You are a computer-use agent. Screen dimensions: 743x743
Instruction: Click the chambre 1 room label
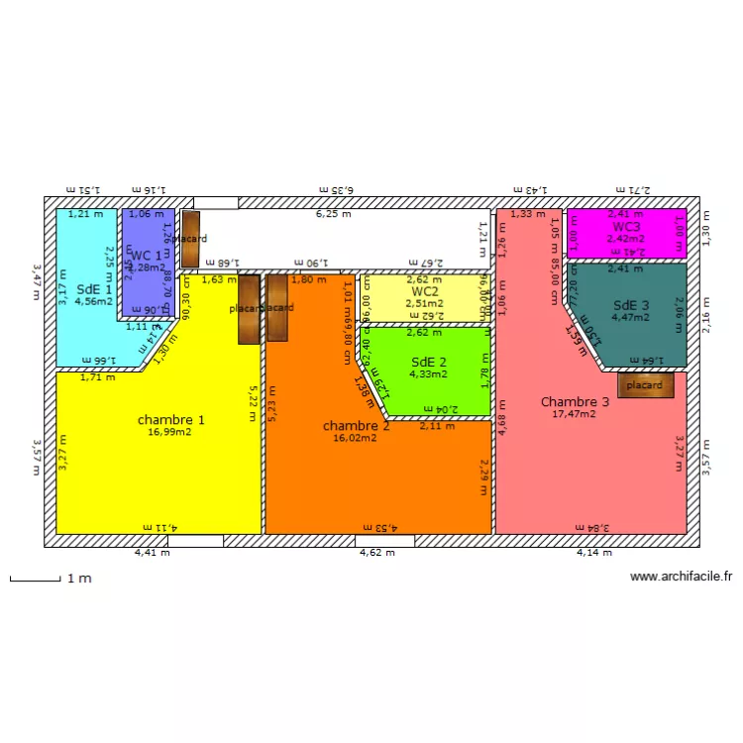pos(171,420)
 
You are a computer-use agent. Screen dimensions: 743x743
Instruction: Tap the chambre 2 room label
pos(356,426)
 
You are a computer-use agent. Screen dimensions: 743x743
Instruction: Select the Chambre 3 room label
pos(575,401)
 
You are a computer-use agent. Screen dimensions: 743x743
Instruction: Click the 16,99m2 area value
pos(171,432)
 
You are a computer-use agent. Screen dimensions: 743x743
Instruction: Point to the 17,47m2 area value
pos(575,414)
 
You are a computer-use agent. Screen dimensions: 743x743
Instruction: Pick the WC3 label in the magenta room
pos(626,227)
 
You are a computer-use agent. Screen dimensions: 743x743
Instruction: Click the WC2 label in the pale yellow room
pos(425,291)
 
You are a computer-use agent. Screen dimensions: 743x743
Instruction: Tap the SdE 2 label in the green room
pos(428,362)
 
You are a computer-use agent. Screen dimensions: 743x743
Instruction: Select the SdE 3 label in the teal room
pos(631,305)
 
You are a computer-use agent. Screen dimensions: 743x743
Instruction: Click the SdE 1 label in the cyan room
pos(93,288)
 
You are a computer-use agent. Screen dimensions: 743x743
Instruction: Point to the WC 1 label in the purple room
pos(145,256)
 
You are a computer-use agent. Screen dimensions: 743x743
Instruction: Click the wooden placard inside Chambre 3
pos(645,385)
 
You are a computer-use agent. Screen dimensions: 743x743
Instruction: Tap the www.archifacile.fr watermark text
pos(681,577)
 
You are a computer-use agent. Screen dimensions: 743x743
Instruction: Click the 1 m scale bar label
pos(79,579)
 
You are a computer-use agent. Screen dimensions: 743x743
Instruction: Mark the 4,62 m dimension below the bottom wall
pos(376,553)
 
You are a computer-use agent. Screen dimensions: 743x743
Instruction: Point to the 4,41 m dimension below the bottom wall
pos(153,553)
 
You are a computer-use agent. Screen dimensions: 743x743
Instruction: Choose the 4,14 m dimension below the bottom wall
pos(594,553)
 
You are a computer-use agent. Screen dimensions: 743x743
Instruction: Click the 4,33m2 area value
pos(428,373)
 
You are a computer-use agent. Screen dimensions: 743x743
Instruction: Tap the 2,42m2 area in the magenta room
pos(626,239)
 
